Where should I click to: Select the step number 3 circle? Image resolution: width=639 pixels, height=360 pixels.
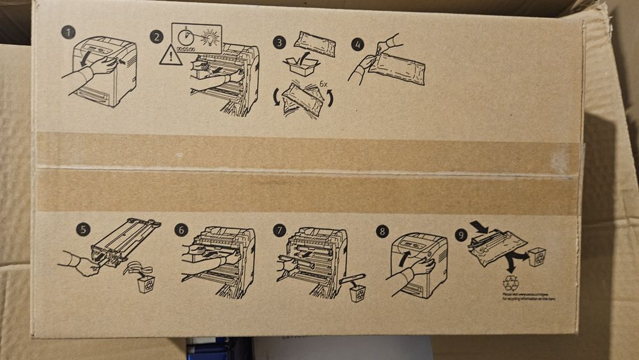tap(278, 43)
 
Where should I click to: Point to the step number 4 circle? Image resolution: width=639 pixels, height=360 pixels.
tap(357, 44)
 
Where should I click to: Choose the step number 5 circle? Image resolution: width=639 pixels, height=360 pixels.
tap(82, 229)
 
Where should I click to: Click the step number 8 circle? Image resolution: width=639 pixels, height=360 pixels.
tap(381, 231)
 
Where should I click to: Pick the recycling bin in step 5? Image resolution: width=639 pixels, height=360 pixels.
tap(145, 283)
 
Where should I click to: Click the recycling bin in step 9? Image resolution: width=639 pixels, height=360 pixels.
tap(537, 256)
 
